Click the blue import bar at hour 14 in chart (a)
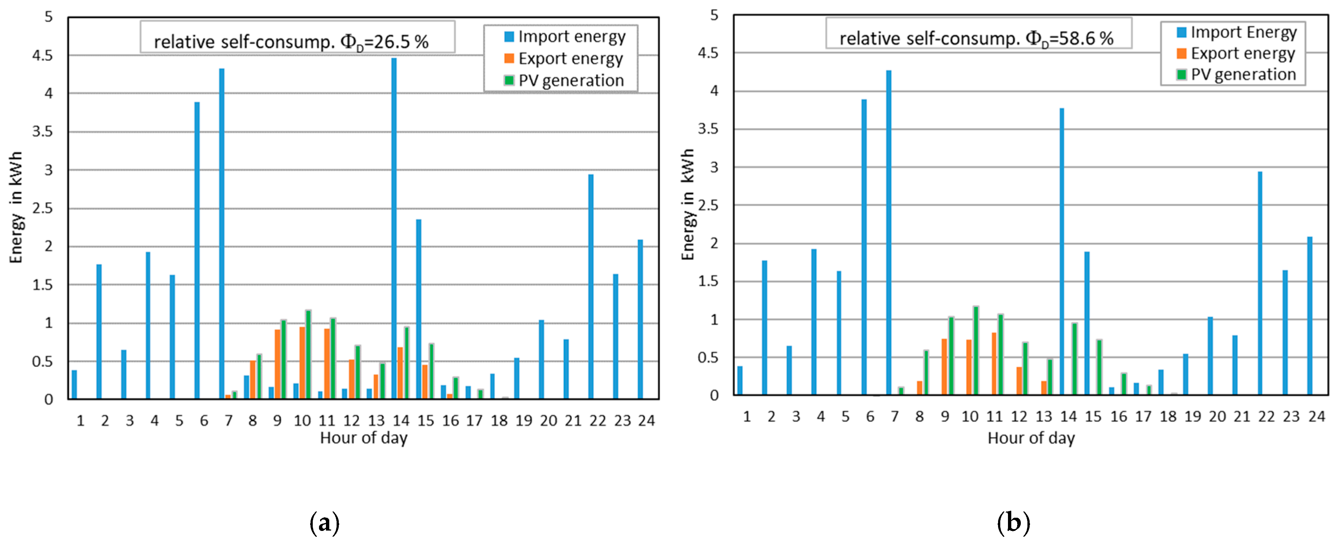coord(394,229)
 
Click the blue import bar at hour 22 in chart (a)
coord(591,287)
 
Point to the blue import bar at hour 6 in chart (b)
coord(864,247)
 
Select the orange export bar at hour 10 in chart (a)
coord(302,363)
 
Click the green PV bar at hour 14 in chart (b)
coord(1074,359)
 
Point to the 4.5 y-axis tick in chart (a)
coord(43,55)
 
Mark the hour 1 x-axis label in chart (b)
coord(747,416)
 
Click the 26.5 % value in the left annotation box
coord(401,42)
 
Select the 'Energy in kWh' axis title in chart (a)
coord(17,207)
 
